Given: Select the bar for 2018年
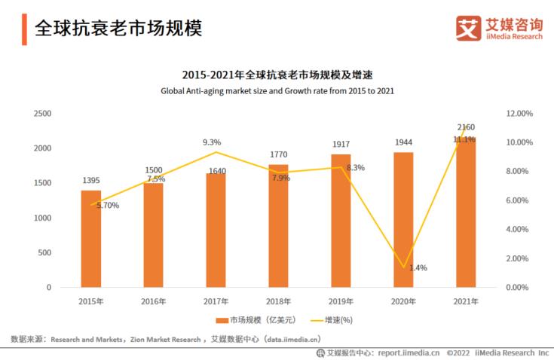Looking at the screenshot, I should click(278, 225).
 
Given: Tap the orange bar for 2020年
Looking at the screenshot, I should click(403, 219).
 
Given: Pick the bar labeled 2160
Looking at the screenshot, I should click(466, 212).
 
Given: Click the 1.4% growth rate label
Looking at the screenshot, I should click(418, 267).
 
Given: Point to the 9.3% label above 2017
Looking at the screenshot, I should click(212, 142).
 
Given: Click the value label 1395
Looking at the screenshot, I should click(91, 181).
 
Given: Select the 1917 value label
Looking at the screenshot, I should click(341, 144).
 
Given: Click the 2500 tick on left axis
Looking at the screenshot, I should click(42, 113).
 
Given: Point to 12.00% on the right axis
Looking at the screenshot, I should click(519, 113).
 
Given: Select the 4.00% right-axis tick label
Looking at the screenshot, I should click(519, 229).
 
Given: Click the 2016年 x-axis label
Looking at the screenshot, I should click(153, 301).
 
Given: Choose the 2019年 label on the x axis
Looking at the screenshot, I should click(341, 301).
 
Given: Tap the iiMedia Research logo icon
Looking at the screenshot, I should click(468, 28).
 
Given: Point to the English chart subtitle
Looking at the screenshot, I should click(277, 90).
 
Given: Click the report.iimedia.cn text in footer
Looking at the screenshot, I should click(409, 352).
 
